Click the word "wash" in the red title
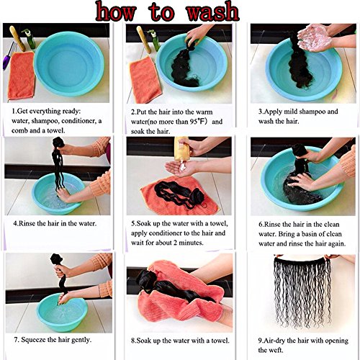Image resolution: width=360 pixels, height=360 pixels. [x=212, y=11]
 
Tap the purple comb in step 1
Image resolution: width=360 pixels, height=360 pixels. [x=8, y=56]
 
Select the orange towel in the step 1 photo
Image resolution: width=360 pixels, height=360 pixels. [x=22, y=76]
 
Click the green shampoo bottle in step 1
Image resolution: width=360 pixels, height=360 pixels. [x=30, y=39]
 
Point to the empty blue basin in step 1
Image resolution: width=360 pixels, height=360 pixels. [x=69, y=64]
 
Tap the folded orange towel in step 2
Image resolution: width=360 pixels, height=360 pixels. [x=145, y=80]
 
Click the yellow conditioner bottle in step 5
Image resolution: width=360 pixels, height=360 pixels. [x=181, y=149]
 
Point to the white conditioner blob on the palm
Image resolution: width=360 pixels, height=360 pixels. [x=183, y=166]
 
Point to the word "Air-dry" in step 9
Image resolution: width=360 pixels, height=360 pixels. [x=274, y=341]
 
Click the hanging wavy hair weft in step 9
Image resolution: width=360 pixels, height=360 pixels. [x=303, y=293]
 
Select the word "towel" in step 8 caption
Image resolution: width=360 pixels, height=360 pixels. [x=220, y=341]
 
